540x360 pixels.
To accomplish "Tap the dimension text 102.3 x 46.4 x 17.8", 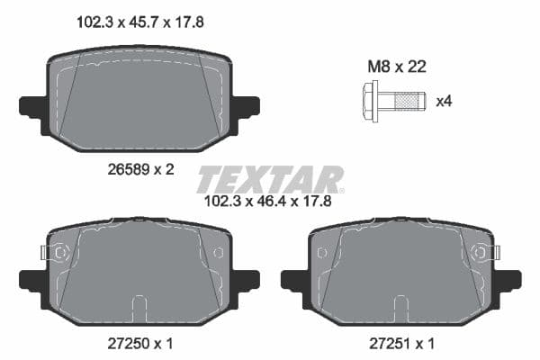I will coord(269,202).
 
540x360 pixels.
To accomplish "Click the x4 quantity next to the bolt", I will coord(443,101).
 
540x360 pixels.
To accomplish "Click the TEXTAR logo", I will coord(269,179).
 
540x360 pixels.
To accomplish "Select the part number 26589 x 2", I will coord(139,168).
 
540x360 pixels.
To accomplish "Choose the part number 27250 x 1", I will coord(139,343).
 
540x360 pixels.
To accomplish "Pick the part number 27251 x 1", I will coord(400,343).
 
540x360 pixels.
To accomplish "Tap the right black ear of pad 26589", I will coord(247,105).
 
